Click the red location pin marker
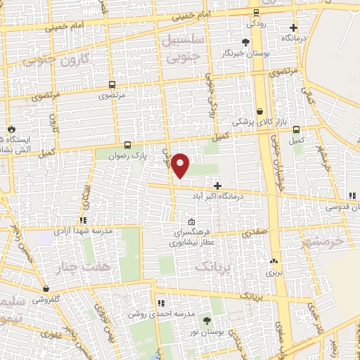point(181,165)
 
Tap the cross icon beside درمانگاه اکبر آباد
point(217,186)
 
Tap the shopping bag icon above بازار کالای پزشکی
point(259,111)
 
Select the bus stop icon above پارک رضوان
point(127,144)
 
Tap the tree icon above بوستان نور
point(206,319)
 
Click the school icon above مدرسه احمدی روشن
point(160,303)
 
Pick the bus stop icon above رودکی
point(255,12)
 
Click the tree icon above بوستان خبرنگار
point(245,42)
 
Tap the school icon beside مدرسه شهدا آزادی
point(83,220)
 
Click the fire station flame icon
point(12,129)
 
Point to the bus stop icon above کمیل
point(296,129)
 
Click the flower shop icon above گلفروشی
point(46,288)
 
